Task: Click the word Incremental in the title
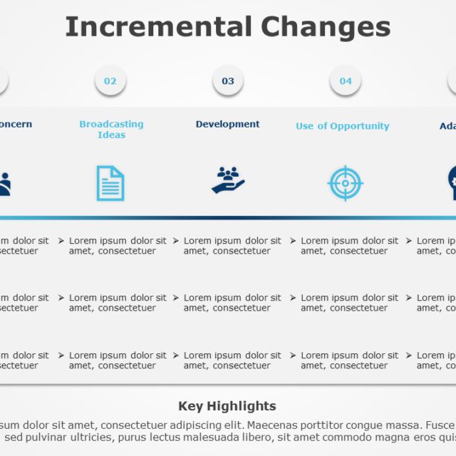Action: (159, 27)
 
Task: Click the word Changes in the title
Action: (326, 27)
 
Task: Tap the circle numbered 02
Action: (110, 81)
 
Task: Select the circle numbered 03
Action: (228, 81)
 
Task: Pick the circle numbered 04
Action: (346, 81)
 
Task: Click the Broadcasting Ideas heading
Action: (111, 129)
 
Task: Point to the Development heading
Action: (228, 124)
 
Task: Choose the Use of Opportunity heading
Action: (343, 126)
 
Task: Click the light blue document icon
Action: (110, 183)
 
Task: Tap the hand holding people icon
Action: (228, 181)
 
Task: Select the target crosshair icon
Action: (346, 183)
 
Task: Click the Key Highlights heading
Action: (227, 406)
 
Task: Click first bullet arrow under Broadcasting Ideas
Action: (62, 242)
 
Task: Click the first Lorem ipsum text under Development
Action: (232, 246)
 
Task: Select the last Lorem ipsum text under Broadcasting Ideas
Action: (118, 360)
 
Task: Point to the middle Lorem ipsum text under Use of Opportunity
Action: (349, 303)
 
